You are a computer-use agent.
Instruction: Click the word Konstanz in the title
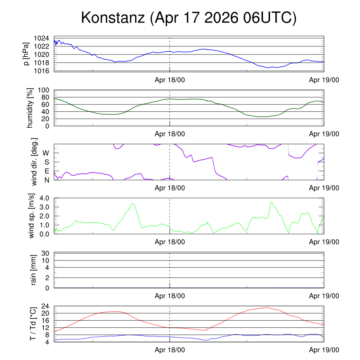click(113, 18)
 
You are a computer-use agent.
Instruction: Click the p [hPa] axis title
click(27, 54)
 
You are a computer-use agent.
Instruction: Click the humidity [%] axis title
click(30, 108)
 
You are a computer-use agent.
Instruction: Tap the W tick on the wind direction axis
click(46, 153)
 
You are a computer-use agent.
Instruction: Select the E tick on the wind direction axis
click(46, 171)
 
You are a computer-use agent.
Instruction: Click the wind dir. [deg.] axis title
click(34, 162)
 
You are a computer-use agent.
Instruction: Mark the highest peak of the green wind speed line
click(271, 202)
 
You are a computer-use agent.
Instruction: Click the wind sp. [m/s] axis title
click(32, 216)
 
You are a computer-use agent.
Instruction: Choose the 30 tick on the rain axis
click(45, 253)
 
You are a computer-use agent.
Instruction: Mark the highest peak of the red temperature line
click(268, 308)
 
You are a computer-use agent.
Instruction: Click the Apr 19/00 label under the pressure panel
click(324, 80)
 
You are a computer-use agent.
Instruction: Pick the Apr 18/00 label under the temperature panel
click(170, 350)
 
